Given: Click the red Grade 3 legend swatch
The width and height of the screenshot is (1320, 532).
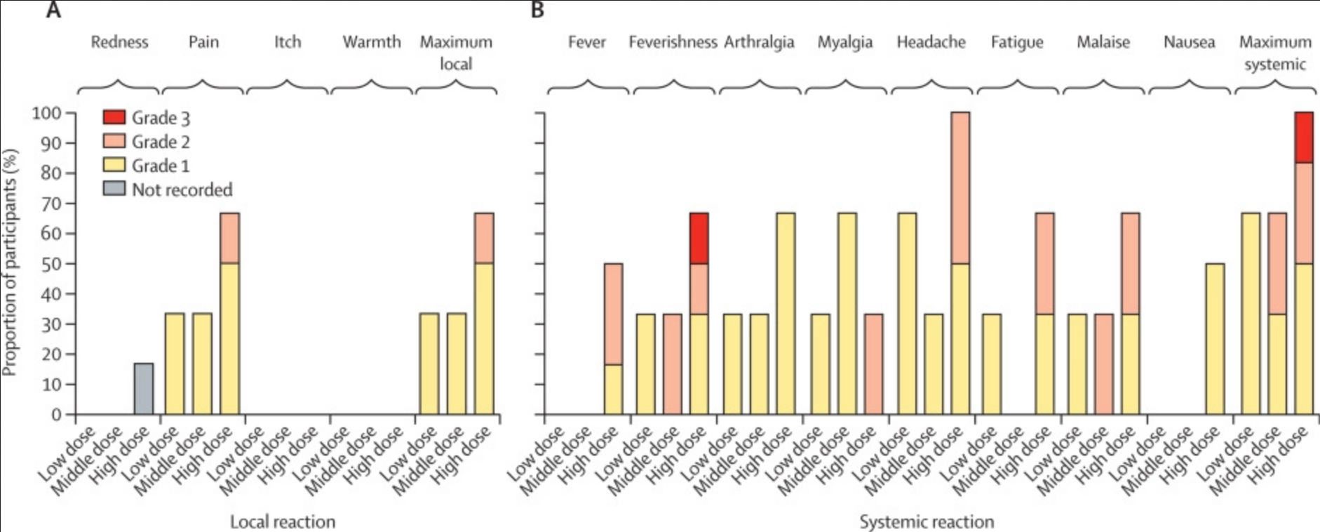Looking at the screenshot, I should click(x=114, y=117).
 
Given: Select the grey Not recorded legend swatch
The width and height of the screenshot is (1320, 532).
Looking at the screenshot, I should click(x=114, y=189).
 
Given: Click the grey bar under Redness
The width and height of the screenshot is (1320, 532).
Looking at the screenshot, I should click(x=144, y=389).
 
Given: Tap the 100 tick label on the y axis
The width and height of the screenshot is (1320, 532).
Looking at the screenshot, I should click(x=47, y=113).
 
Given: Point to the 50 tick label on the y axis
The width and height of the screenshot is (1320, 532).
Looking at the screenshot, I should click(x=51, y=264).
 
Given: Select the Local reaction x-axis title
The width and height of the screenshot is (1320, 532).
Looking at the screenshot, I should click(x=283, y=521).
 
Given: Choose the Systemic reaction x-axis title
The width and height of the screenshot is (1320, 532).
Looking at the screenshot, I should click(x=927, y=521).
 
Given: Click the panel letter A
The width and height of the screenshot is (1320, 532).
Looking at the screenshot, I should click(x=53, y=10).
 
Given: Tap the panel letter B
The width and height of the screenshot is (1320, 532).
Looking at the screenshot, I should click(x=537, y=10).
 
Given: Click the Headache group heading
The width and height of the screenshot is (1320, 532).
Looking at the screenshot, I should click(x=931, y=42).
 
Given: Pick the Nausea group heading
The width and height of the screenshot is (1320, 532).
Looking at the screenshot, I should click(x=1189, y=42).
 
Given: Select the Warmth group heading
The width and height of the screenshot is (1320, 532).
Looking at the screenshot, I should click(x=372, y=42).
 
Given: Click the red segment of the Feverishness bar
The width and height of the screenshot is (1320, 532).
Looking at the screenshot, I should click(x=699, y=239).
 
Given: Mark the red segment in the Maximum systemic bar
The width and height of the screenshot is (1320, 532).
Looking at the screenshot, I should click(x=1304, y=138).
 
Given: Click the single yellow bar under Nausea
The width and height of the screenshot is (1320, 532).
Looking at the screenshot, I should click(x=1215, y=339).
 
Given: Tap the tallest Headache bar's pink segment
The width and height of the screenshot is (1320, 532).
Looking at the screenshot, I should click(x=960, y=188).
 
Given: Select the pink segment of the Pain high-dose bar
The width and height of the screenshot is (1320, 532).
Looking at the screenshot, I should click(x=230, y=239).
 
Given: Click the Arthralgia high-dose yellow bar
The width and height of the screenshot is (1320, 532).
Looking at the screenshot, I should click(x=786, y=314).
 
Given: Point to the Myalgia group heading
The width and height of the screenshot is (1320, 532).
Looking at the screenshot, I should click(x=844, y=42).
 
